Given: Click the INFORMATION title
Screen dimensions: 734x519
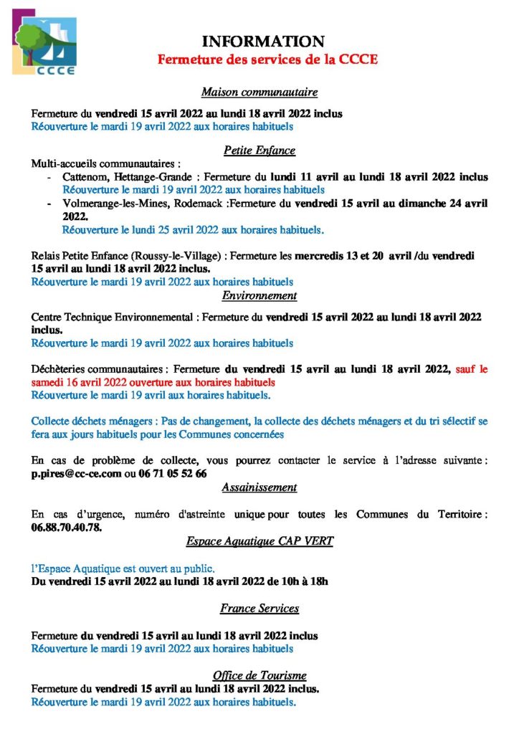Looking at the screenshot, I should (262, 42).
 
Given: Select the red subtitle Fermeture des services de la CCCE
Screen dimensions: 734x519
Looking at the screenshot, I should (267, 59).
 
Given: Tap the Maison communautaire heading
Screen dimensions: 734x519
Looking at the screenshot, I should (259, 92).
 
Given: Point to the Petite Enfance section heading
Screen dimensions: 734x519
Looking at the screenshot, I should (259, 151).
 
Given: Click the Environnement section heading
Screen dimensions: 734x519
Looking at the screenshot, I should (259, 295).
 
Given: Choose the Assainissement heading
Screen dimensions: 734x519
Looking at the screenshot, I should (259, 487).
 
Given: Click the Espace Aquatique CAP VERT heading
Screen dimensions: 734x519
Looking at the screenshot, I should (259, 540).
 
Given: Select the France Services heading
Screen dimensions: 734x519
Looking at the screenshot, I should (259, 609).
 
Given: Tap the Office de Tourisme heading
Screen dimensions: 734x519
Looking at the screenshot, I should (259, 675).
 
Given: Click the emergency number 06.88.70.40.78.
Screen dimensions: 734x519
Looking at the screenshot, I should (67, 528).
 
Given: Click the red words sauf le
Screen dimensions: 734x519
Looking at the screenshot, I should (472, 370).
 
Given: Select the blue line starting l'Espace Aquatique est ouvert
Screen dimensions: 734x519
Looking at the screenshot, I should (123, 568).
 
